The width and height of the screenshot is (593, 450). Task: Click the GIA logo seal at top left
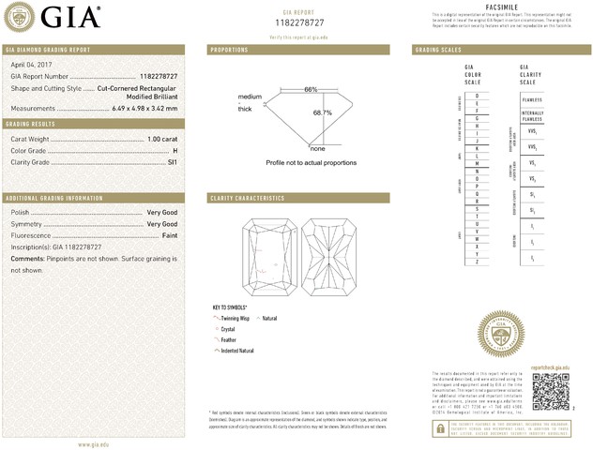click(21, 16)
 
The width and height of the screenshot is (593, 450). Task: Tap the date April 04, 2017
click(30, 65)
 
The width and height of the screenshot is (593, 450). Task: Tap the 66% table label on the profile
click(311, 89)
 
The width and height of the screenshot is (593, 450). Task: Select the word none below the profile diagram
click(317, 149)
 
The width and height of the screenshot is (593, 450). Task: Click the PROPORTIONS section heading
click(230, 49)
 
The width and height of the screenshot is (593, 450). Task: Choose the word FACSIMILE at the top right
click(502, 7)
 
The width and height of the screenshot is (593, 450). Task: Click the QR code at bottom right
click(550, 390)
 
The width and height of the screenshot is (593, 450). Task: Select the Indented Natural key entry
click(237, 350)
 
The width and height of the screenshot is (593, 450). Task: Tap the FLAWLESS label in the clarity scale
click(531, 97)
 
